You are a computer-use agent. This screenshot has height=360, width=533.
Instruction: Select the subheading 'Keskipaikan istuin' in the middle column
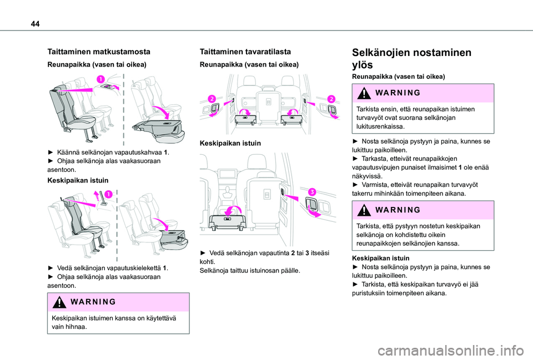click(230, 143)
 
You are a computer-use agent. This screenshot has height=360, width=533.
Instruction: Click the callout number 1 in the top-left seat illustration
click(100, 79)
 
